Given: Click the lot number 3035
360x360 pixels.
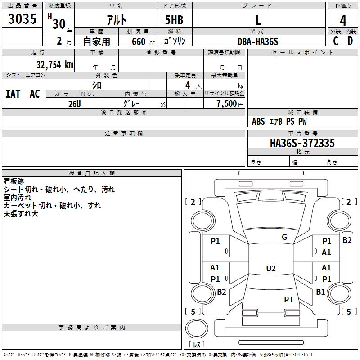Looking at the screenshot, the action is click(x=22, y=18).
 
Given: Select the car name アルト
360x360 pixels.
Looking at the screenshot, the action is click(x=117, y=20).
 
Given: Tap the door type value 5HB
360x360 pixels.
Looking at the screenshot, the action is click(x=174, y=20).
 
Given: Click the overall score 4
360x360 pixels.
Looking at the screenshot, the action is click(x=343, y=21).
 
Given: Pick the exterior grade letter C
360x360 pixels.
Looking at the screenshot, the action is click(x=336, y=41).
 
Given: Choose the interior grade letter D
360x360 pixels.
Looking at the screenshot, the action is click(x=350, y=41).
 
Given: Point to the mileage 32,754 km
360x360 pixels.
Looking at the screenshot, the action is click(x=55, y=65).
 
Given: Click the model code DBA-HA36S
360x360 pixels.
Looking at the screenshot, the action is click(x=258, y=41).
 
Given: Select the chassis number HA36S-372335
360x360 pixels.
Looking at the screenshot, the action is click(x=302, y=143).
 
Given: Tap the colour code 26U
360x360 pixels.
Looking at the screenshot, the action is click(x=75, y=104).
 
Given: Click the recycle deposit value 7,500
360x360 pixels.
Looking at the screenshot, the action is click(x=227, y=104).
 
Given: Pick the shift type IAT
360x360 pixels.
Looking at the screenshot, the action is click(x=13, y=94).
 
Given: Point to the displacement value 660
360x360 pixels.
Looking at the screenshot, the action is click(x=139, y=41).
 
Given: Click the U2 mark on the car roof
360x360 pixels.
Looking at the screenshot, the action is click(x=271, y=268).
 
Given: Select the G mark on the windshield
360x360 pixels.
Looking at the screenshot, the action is click(x=284, y=237).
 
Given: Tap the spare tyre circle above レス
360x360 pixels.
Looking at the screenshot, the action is click(x=197, y=328).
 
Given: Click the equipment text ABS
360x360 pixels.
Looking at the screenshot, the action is click(x=258, y=121).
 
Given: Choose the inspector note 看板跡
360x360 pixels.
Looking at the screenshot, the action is click(x=14, y=181).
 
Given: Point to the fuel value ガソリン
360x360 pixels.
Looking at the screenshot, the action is click(x=175, y=41).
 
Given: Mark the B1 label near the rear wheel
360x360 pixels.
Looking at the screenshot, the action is click(x=320, y=292).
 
